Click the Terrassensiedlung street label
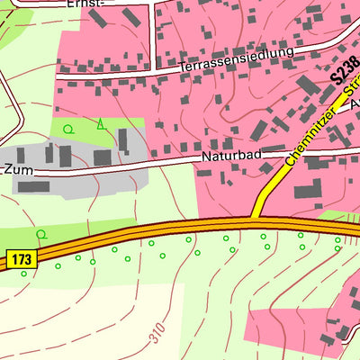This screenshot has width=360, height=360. coord(237,59)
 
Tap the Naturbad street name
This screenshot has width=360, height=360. coord(231,157)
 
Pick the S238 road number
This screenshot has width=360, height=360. coord(340,67)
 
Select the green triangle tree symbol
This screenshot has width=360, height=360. coord(100,124)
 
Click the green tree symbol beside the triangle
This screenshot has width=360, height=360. coord(68,130)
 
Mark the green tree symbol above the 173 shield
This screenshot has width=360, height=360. coord(40,235)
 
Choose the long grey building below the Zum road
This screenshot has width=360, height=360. coord(33,187)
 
